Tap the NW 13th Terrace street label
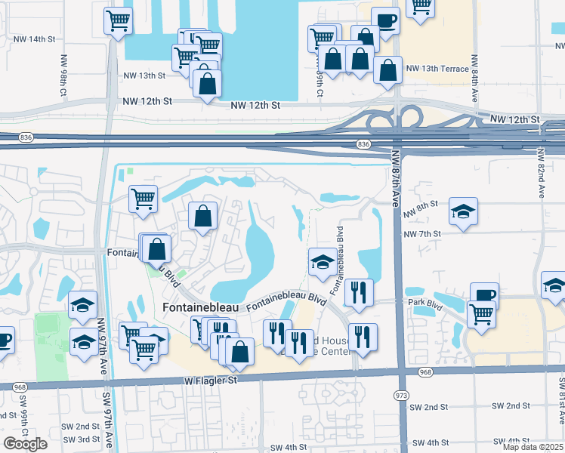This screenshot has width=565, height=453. pos(437,69)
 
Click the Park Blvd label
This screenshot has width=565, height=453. pos(425,303)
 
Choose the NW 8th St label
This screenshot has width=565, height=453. pos(422,205)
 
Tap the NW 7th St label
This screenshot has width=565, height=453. pos(422,234)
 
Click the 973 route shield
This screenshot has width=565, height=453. pos(400,395)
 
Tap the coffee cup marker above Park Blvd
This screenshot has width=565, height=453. pos(484,295)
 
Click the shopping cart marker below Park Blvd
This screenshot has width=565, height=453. pos(480,313)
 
